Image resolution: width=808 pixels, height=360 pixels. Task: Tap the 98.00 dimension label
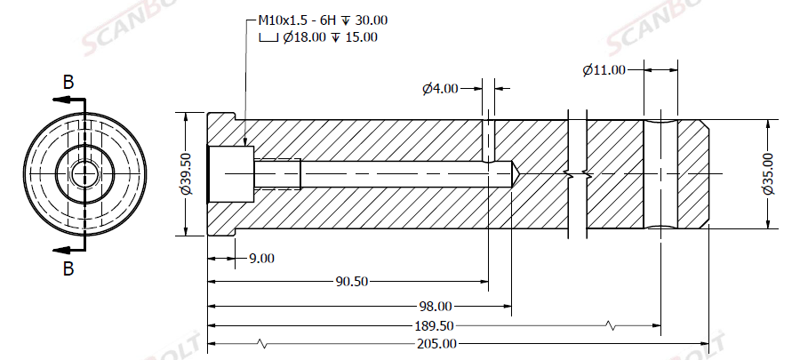435,305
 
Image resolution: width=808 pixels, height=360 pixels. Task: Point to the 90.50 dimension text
352,282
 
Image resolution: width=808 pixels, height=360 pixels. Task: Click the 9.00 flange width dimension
261,259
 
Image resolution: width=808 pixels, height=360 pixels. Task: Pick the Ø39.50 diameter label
185,174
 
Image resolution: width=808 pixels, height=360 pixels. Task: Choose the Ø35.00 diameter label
767,174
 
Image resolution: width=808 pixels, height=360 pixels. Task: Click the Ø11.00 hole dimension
604,69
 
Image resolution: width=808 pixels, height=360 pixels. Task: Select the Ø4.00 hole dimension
441,88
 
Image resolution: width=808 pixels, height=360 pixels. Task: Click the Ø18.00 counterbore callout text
319,37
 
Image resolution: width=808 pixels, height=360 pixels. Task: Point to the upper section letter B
68,83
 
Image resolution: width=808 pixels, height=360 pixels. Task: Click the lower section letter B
68,267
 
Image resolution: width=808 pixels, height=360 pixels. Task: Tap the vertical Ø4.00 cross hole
487,138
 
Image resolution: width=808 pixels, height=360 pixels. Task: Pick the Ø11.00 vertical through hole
660,174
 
